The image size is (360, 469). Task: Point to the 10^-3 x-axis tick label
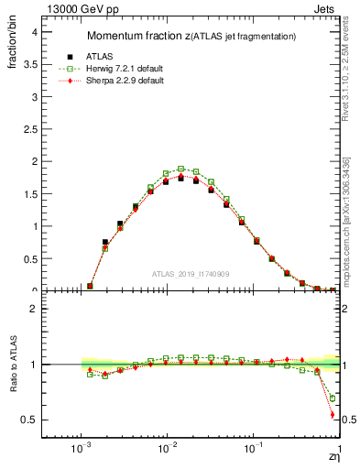pos(82,451)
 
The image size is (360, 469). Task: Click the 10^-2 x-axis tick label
pos(167,451)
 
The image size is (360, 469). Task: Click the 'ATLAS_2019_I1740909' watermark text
pos(191,274)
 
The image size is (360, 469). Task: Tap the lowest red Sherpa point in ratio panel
pos(332,415)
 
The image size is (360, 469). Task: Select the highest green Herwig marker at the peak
pos(181,169)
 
